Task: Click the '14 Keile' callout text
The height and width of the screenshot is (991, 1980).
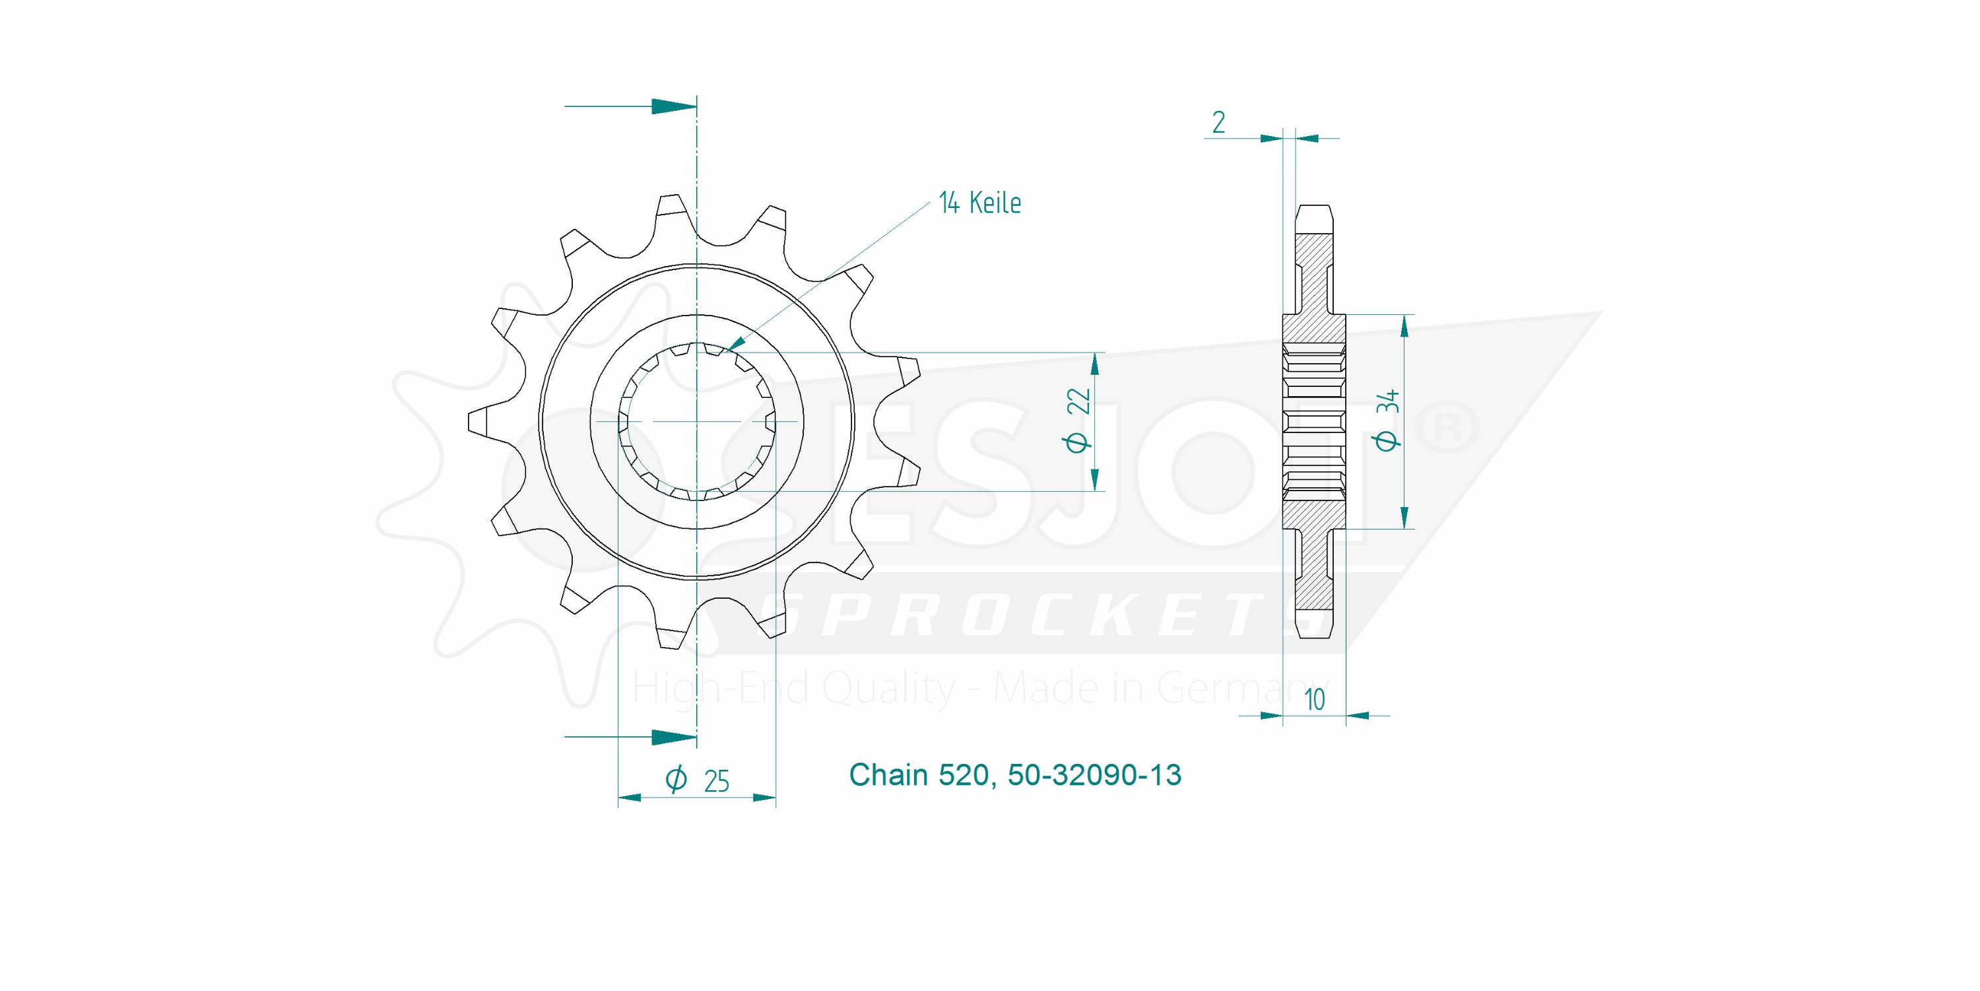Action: pyautogui.click(x=979, y=203)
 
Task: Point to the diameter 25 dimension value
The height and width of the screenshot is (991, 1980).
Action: pyautogui.click(x=698, y=780)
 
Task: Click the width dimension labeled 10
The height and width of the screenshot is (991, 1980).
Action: pyautogui.click(x=1314, y=700)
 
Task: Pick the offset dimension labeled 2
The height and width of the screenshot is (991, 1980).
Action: pyautogui.click(x=1218, y=123)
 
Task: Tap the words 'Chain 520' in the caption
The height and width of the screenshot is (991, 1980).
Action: pyautogui.click(x=918, y=775)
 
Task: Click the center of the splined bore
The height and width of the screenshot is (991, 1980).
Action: pyautogui.click(x=696, y=421)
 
